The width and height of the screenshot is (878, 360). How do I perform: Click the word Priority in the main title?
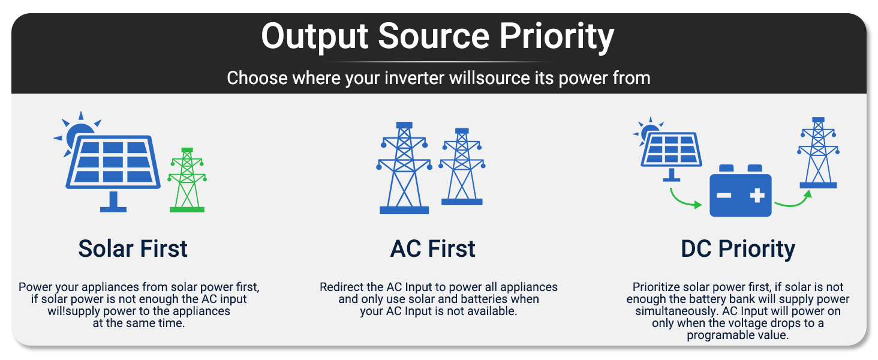coord(556,37)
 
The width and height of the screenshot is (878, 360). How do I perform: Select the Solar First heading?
coord(133,248)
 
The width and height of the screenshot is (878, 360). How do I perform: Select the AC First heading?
coord(433,248)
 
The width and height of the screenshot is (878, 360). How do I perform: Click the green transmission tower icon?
coord(187,180)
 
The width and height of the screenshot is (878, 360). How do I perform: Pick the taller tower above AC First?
coord(404,168)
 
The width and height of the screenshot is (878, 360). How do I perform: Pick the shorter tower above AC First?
coord(462,166)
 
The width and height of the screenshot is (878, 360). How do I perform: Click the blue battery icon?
coord(741,191)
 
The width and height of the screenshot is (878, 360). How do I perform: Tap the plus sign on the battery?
coord(757,195)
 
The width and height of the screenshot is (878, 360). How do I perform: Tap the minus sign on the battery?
coord(724,195)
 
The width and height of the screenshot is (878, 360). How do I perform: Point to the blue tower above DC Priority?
coord(819,152)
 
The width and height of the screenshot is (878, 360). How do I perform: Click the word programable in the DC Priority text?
coord(716,335)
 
